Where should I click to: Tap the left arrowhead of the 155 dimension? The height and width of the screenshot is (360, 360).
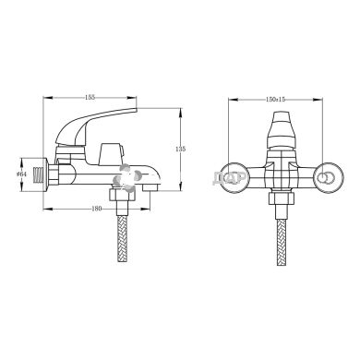(x=46, y=101)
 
